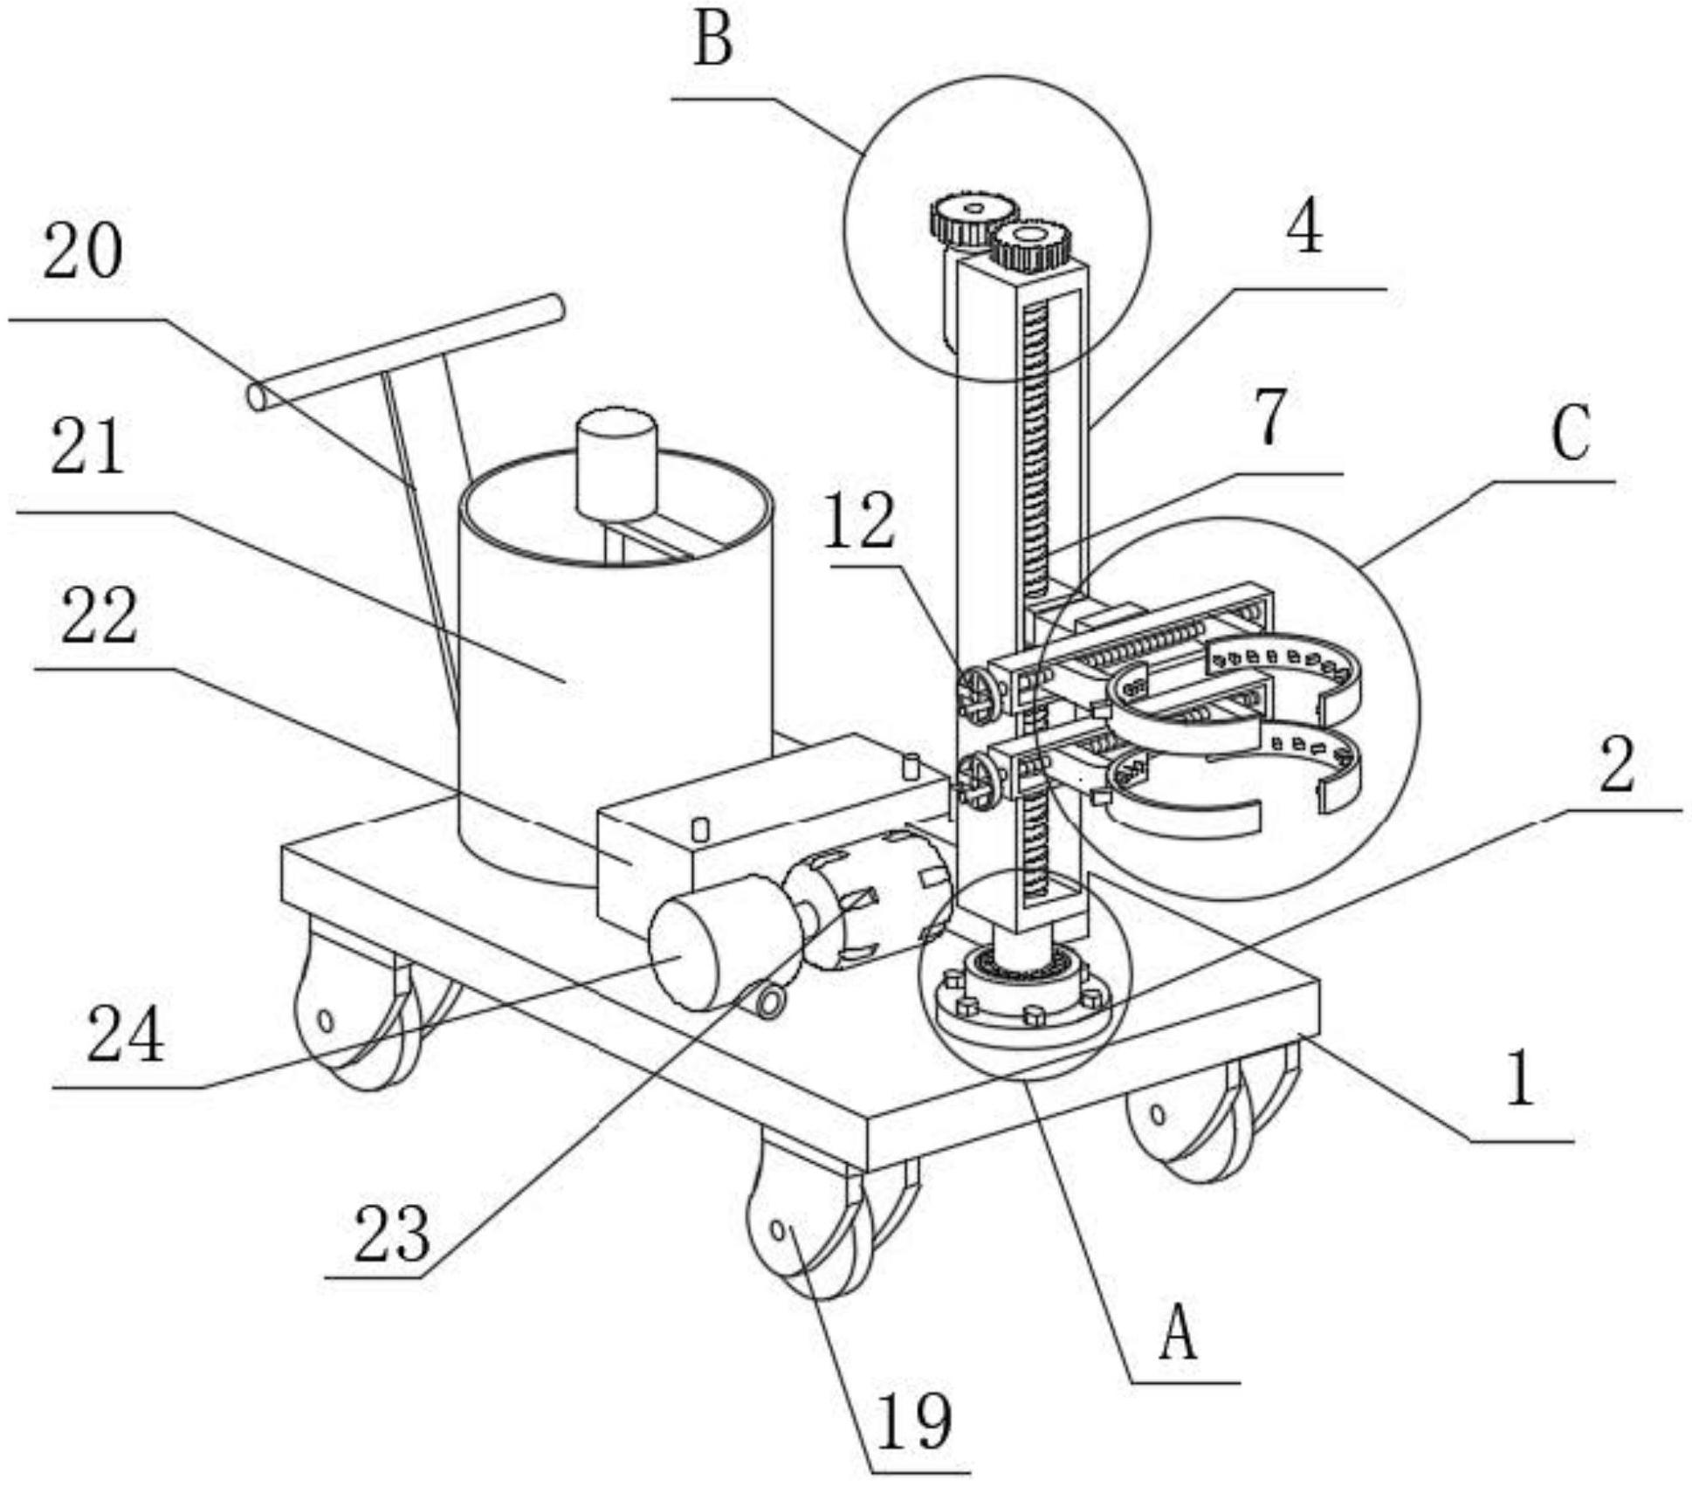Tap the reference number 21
(86, 445)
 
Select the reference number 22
(99, 616)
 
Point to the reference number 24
(125, 1034)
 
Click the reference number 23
(392, 1233)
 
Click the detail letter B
(712, 42)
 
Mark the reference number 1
(1520, 1079)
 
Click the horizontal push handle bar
(406, 354)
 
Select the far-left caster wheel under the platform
(349, 1013)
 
